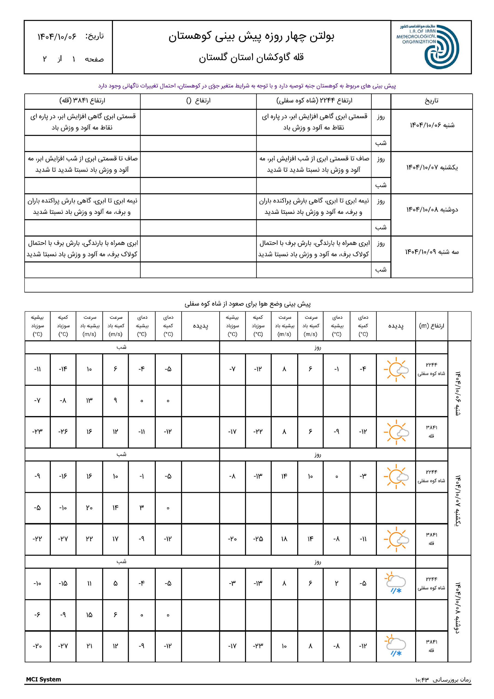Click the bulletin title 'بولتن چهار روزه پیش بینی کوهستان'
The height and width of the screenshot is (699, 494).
[251, 37]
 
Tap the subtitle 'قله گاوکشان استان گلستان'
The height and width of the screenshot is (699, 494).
[251, 57]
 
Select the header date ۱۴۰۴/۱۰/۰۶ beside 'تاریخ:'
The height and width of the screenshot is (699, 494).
[57, 37]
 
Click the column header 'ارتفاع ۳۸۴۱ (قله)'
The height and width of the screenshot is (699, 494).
[82, 101]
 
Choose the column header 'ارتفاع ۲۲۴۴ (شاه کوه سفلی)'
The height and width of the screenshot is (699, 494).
[314, 101]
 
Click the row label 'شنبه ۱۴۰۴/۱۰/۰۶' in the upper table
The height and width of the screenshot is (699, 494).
[432, 125]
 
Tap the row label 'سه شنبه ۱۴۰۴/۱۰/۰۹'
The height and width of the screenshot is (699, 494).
[432, 252]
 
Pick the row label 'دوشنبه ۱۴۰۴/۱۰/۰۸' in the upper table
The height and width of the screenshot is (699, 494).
[432, 210]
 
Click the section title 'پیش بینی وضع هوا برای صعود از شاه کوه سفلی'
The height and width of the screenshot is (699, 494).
[248, 304]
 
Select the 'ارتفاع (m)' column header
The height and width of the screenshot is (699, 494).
[431, 326]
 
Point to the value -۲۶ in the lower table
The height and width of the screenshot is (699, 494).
[63, 432]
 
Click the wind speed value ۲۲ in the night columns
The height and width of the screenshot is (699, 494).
[89, 539]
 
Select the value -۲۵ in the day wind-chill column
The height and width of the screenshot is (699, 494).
[258, 539]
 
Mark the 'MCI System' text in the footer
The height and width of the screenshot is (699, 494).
[43, 680]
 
